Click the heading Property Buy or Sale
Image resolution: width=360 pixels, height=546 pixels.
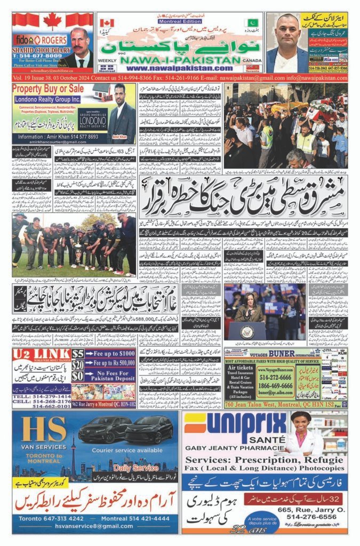click(48, 87)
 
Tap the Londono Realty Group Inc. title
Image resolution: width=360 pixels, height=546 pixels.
click(46, 98)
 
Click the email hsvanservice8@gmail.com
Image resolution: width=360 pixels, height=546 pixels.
click(94, 526)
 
